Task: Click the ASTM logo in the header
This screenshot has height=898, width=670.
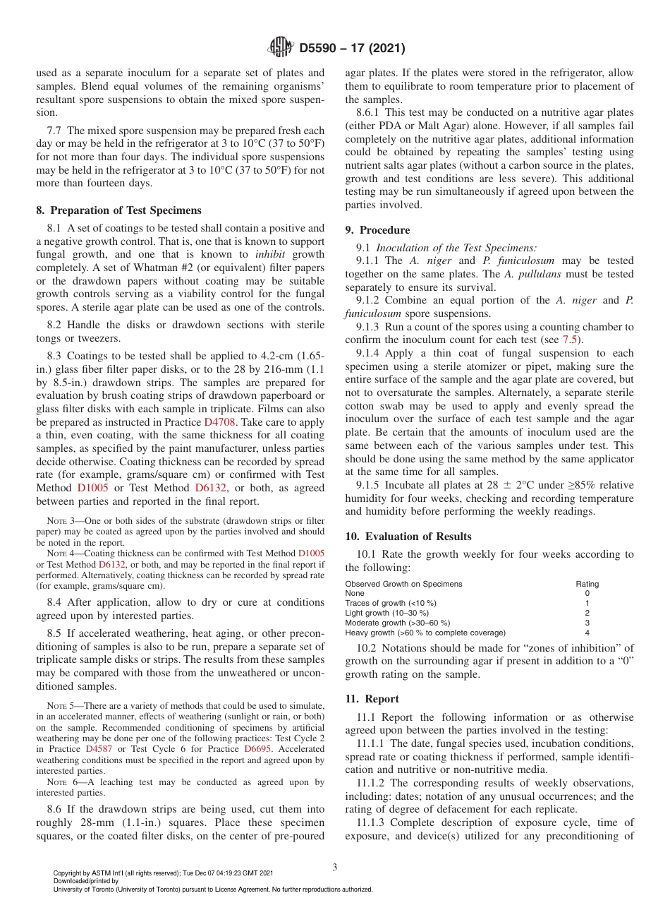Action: tap(281, 48)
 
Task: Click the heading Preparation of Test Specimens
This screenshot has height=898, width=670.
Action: tap(118, 210)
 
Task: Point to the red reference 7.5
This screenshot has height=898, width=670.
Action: tap(572, 340)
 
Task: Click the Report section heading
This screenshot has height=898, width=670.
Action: tap(372, 699)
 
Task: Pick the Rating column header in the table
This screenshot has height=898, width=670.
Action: tap(587, 584)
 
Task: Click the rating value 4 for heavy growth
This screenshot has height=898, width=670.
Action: tap(587, 633)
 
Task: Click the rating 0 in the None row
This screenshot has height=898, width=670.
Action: tap(587, 594)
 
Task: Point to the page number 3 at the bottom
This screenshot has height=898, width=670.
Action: tap(335, 867)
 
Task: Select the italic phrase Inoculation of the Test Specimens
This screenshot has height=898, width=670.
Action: tap(456, 248)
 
